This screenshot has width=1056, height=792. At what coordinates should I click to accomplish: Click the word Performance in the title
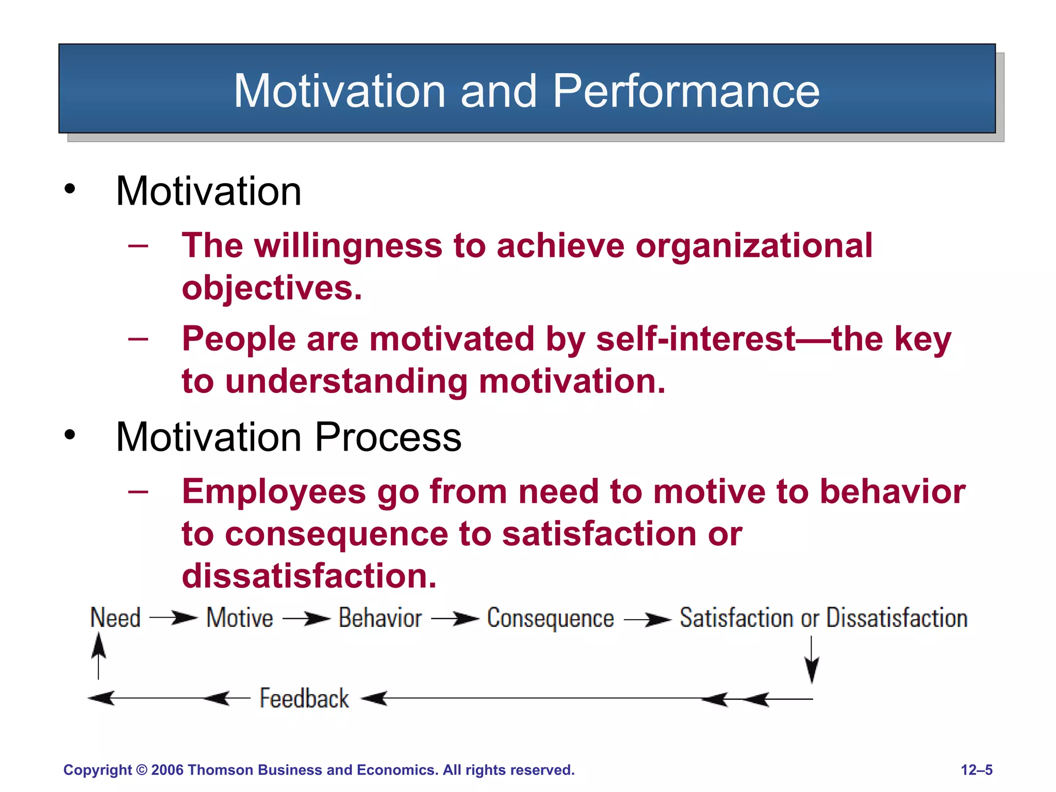(x=686, y=91)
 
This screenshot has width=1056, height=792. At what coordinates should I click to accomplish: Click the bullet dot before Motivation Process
(x=70, y=435)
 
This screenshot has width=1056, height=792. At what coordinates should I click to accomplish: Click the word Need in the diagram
(x=115, y=618)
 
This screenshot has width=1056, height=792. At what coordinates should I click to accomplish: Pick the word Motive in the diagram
(x=240, y=618)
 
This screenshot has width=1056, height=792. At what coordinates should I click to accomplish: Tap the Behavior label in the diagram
(x=380, y=618)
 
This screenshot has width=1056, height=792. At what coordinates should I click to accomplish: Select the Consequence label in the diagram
(x=550, y=618)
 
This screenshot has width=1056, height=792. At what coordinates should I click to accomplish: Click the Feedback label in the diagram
(x=304, y=699)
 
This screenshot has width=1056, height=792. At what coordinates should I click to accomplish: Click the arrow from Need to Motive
(x=174, y=618)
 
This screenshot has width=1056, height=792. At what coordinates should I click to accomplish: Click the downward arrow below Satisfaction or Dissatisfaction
(x=812, y=660)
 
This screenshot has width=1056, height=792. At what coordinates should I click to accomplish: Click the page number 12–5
(x=977, y=770)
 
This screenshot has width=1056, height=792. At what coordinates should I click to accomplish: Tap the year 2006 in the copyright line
(x=168, y=770)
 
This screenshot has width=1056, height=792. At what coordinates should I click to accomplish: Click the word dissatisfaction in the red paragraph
(x=308, y=576)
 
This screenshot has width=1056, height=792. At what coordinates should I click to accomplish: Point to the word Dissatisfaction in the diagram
(x=897, y=618)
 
